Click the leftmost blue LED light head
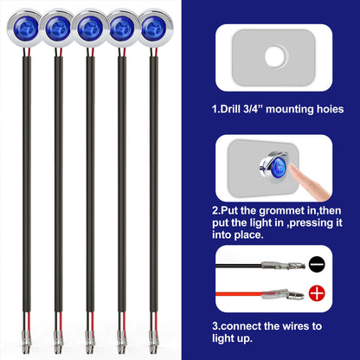click(24, 28)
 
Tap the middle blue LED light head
click(90, 28)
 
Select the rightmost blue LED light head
click(155, 28)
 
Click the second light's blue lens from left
click(58, 29)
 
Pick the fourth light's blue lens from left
click(122, 29)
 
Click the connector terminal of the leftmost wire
click(26, 343)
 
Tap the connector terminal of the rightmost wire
click(153, 343)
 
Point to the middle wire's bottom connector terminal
click(90, 343)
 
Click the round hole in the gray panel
click(274, 55)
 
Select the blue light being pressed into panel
click(274, 166)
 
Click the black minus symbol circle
click(317, 264)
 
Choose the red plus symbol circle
click(317, 293)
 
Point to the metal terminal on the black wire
click(283, 265)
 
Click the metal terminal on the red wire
click(283, 294)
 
